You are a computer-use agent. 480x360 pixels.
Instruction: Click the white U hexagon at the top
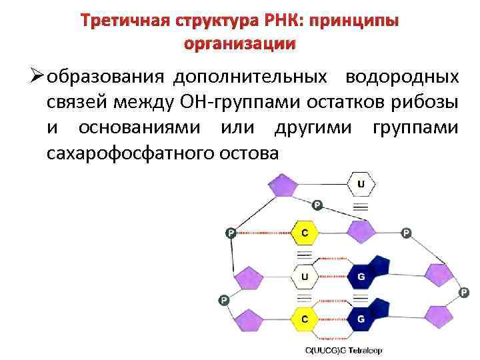[361, 182]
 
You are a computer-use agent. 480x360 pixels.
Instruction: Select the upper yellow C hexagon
[304, 233]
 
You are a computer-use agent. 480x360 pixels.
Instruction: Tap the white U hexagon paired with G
[304, 275]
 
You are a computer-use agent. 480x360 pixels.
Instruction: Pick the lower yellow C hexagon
[304, 319]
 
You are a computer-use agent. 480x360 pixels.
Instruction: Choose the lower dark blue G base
[363, 319]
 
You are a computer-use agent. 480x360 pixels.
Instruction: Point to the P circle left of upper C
[230, 233]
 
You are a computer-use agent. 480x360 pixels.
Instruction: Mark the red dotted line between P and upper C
[264, 233]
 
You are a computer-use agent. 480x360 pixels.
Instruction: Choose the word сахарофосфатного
[129, 152]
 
